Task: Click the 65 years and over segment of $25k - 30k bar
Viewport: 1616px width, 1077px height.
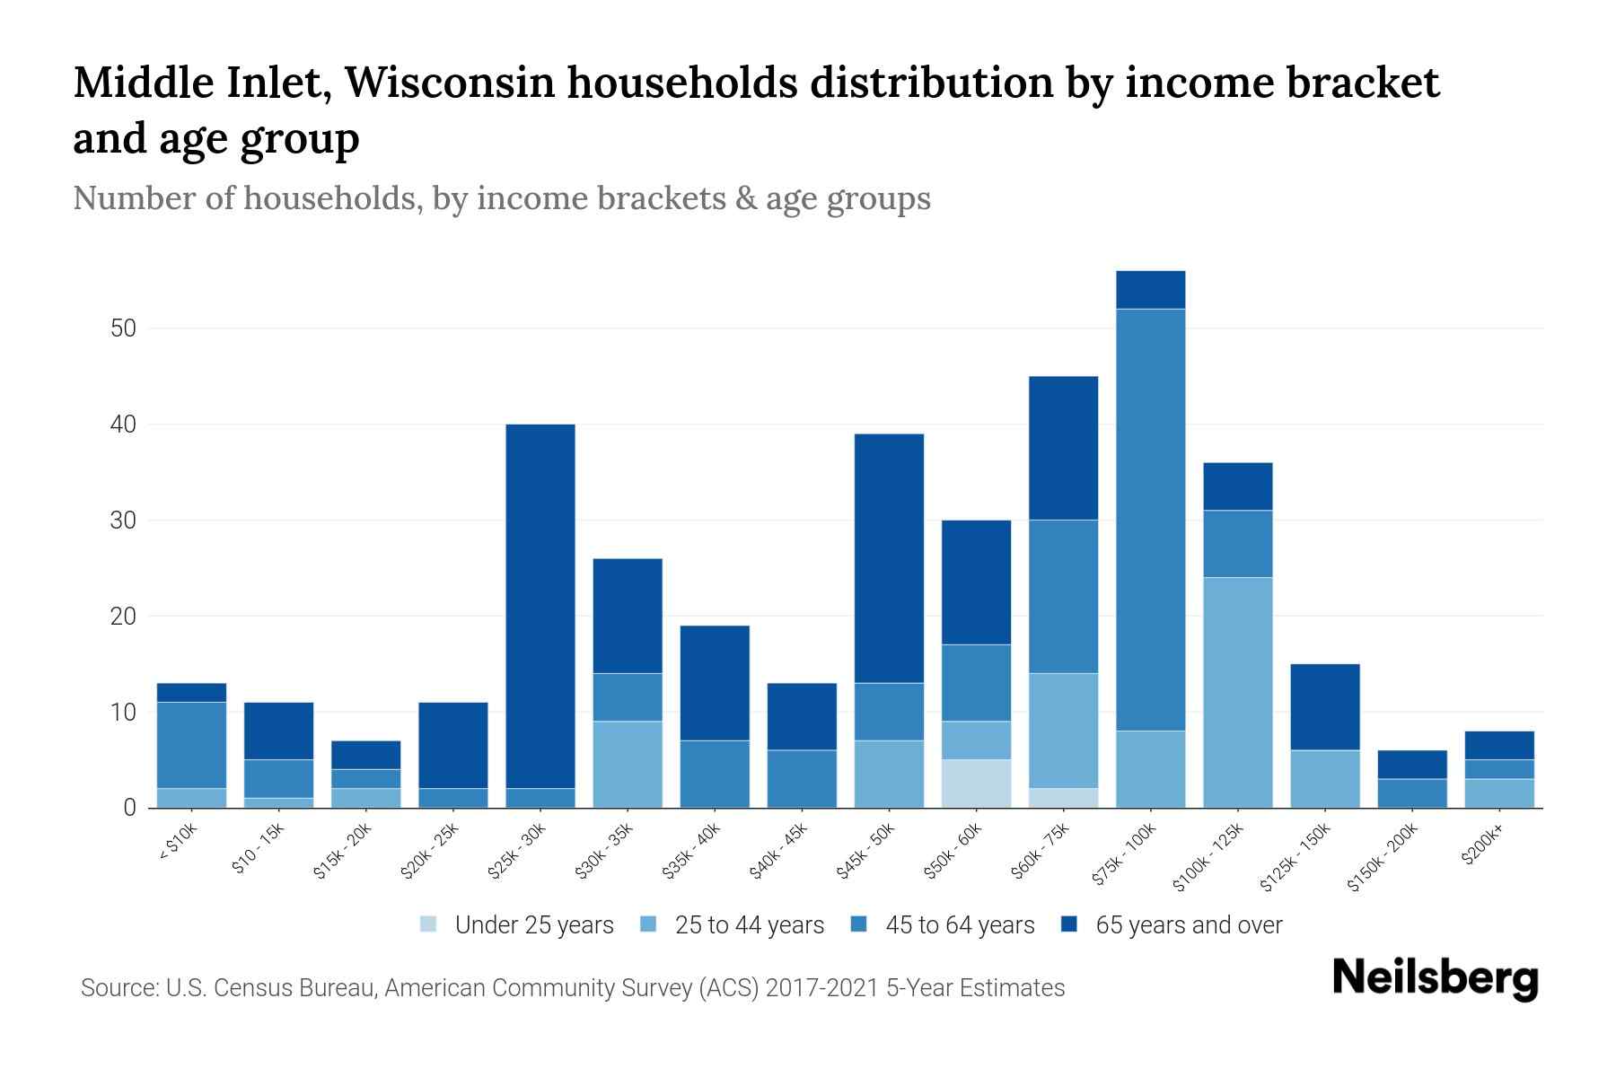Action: point(540,606)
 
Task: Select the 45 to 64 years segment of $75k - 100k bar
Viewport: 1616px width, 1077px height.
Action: point(1150,520)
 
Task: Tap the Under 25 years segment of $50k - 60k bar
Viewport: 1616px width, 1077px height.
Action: point(976,784)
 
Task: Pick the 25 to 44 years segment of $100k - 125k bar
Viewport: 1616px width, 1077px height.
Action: point(1237,692)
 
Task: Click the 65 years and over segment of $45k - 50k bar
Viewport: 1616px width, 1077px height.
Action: point(889,558)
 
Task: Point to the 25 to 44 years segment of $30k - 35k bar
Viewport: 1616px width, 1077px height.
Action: point(628,764)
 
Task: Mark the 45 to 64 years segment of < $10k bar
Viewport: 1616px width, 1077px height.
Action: point(191,745)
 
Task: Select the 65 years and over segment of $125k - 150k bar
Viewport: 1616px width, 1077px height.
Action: point(1324,706)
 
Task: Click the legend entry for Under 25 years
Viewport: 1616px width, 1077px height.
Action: point(517,925)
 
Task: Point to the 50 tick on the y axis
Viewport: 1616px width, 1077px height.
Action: point(123,328)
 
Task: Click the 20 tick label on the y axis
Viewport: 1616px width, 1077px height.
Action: point(123,617)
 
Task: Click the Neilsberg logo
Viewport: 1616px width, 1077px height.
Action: point(1435,978)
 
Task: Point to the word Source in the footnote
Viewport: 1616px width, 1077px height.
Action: point(118,988)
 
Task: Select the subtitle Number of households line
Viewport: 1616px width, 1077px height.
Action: point(501,198)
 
